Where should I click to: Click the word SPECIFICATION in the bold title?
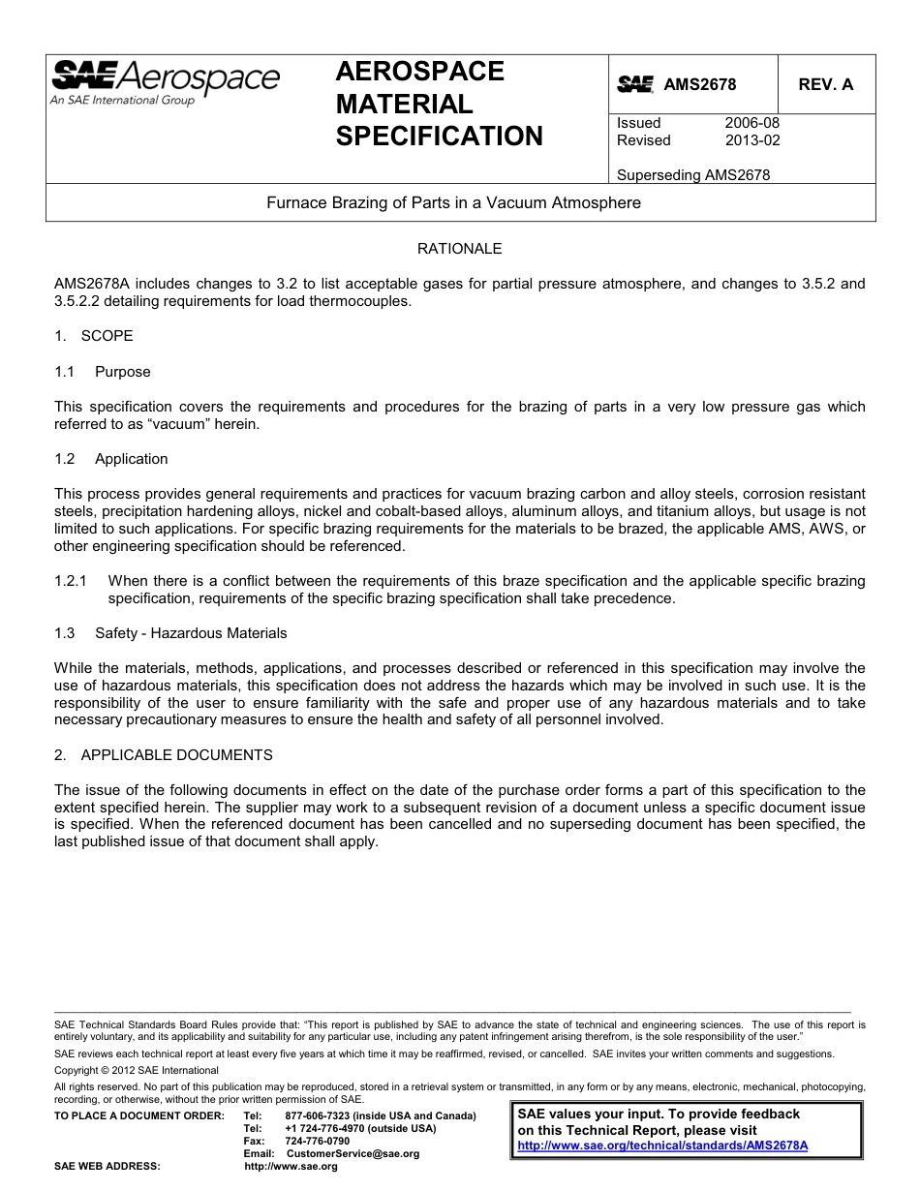pyautogui.click(x=439, y=137)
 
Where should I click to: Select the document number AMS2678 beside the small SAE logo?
pyautogui.click(x=699, y=85)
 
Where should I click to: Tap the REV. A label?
pyautogui.click(x=825, y=85)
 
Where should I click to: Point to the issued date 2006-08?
pyautogui.click(x=751, y=123)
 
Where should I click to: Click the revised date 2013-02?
pyautogui.click(x=751, y=140)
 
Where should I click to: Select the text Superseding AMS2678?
pyautogui.click(x=692, y=175)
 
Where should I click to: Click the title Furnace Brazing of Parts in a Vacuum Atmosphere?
pyautogui.click(x=453, y=203)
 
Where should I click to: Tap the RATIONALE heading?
pyautogui.click(x=459, y=249)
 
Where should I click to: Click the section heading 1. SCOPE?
pyautogui.click(x=94, y=336)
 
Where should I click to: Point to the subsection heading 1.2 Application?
pyautogui.click(x=111, y=459)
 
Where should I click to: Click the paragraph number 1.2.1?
pyautogui.click(x=71, y=581)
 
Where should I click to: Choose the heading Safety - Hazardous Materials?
pyautogui.click(x=191, y=633)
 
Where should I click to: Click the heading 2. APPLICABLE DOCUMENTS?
pyautogui.click(x=164, y=755)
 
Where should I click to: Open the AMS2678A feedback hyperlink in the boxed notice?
pyautogui.click(x=662, y=1145)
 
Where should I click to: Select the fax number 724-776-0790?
pyautogui.click(x=317, y=1141)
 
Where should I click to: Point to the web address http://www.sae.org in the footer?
pyautogui.click(x=291, y=1167)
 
